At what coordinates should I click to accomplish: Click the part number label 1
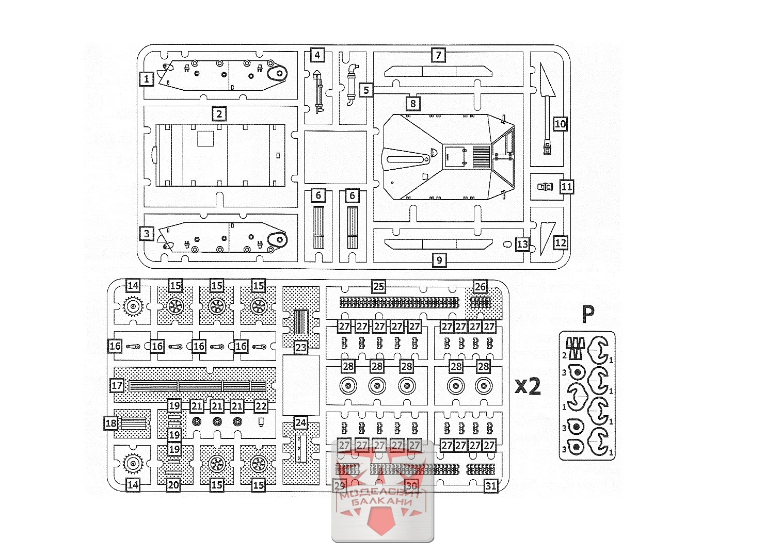(x=147, y=79)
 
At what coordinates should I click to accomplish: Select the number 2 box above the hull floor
(x=219, y=114)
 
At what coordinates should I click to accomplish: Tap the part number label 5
(x=366, y=90)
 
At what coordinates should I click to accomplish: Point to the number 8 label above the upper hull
(x=413, y=103)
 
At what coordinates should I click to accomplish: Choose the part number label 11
(x=566, y=187)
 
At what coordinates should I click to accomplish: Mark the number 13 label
(x=522, y=244)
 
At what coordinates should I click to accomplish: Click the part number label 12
(x=561, y=242)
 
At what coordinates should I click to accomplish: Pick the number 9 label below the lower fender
(x=439, y=260)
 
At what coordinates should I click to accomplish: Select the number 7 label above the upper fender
(x=438, y=55)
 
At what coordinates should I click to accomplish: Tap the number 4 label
(x=317, y=55)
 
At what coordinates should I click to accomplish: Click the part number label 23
(x=301, y=347)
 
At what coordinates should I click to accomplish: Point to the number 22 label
(x=261, y=406)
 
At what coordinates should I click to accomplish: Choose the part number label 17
(x=117, y=385)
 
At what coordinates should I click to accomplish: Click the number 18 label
(x=111, y=423)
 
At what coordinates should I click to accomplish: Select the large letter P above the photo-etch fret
(x=588, y=313)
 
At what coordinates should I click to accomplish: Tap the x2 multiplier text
(x=528, y=385)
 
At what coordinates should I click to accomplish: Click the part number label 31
(x=491, y=485)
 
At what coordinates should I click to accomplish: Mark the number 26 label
(x=480, y=286)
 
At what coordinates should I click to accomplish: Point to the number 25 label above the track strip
(x=379, y=286)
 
